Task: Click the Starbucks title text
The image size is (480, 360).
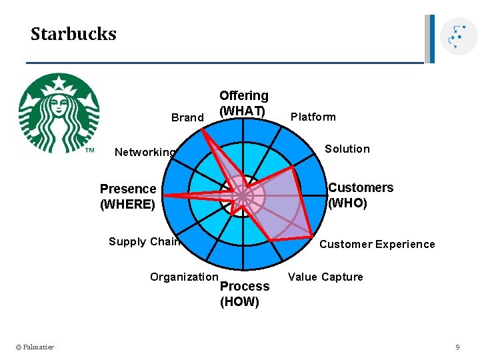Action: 73,34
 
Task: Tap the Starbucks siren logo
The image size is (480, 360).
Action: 59,113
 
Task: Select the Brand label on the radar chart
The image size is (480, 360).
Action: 187,118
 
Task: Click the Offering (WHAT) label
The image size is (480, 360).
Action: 243,103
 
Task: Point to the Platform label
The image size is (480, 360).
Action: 313,117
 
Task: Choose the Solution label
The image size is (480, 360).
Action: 347,149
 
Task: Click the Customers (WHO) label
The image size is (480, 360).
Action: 360,195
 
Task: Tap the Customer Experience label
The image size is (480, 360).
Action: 377,244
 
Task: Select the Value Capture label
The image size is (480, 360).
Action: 325,277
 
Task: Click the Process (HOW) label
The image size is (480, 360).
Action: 245,294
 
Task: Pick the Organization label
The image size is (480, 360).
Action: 184,277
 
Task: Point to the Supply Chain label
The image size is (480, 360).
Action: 144,241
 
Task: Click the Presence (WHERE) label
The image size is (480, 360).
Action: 128,197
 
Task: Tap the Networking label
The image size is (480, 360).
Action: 145,152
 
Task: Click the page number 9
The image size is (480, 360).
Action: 457,347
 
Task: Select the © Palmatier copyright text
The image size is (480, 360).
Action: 35,347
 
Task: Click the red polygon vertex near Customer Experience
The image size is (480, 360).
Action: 312,236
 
